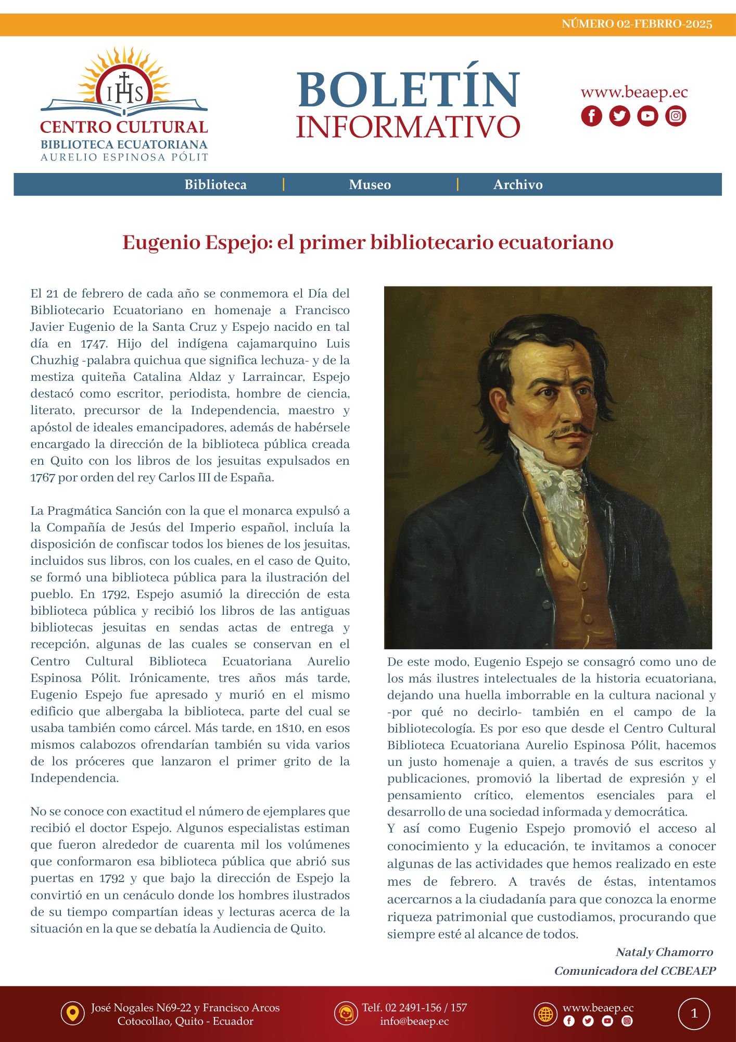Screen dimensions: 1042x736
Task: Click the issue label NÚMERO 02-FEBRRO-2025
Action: tap(637, 24)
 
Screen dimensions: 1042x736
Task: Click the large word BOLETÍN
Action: tap(409, 90)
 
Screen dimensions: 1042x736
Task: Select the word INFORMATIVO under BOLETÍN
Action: tap(408, 127)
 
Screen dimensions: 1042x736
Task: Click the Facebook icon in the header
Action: tap(591, 116)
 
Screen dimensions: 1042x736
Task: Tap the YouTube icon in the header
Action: tap(648, 116)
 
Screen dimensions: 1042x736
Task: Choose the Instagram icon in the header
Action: tap(676, 116)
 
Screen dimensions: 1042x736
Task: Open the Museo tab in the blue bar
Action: tap(370, 184)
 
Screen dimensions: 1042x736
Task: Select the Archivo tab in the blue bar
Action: tap(518, 184)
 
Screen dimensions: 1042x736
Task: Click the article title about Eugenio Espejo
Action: tap(367, 242)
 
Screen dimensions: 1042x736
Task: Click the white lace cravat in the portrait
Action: tap(557, 500)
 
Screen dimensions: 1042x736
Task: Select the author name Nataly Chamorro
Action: tap(664, 952)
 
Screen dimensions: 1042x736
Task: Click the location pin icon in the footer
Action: tap(72, 1014)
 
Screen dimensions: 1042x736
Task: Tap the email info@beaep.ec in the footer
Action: tap(414, 1021)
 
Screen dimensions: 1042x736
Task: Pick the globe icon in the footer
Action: tap(545, 1014)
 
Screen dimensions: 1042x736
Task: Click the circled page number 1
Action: tap(694, 1014)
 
